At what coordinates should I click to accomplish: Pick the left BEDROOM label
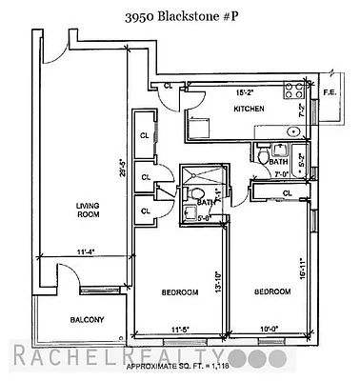pyautogui.click(x=178, y=292)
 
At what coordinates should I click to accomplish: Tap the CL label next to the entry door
pyautogui.click(x=169, y=87)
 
